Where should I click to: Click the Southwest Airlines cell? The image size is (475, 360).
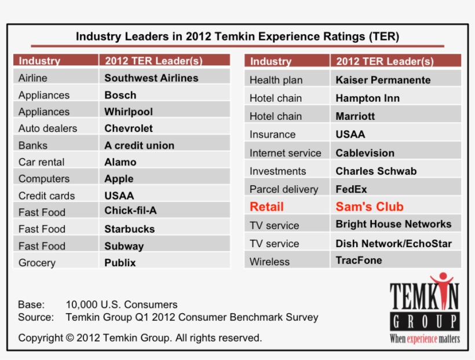[x=151, y=78]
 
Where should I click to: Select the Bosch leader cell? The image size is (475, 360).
[x=120, y=95]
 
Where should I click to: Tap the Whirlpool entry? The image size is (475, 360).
[x=129, y=112]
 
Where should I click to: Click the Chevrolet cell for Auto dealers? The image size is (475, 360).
[x=129, y=128]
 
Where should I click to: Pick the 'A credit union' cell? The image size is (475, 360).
[x=139, y=146]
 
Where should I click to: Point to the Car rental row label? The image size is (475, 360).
[x=41, y=163]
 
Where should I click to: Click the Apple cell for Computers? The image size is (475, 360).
[x=119, y=179]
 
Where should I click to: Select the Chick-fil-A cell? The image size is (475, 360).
[x=130, y=211]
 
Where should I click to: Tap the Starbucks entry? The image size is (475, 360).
[x=129, y=229]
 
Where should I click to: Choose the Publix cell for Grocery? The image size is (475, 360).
[x=120, y=263]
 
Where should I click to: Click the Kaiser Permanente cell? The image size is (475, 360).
[x=383, y=80]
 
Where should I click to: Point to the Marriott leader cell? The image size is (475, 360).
[x=355, y=116]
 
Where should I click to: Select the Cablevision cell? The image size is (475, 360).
[x=365, y=153]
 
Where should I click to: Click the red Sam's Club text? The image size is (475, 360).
[x=370, y=207]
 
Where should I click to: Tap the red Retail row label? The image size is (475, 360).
[x=266, y=207]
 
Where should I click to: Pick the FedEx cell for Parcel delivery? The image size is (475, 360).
[x=351, y=189]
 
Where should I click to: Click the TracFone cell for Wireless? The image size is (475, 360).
[x=359, y=260]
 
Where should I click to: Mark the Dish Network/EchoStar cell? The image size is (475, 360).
[x=393, y=244]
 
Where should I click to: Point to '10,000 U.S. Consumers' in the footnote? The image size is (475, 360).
[x=122, y=304]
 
